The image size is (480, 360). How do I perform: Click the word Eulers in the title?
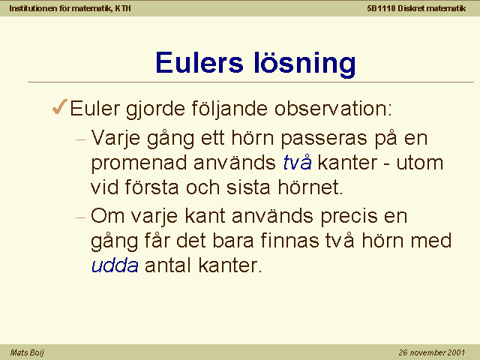[x=199, y=63]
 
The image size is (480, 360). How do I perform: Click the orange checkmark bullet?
[x=60, y=106]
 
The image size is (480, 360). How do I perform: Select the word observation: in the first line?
[x=333, y=108]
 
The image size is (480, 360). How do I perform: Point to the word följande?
[x=229, y=109]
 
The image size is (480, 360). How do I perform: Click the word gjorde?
[x=155, y=109]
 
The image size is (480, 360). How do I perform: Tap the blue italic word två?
[x=298, y=162]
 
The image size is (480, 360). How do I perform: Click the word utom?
[x=420, y=163]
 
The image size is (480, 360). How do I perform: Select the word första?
[x=151, y=187]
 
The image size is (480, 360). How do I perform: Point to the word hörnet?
[x=310, y=187]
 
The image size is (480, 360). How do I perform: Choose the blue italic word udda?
[x=115, y=265]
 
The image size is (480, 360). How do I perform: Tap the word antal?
[x=168, y=265]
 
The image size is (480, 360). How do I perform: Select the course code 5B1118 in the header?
[x=381, y=8]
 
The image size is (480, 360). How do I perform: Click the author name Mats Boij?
[x=27, y=353]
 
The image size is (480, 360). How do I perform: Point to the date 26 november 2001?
[x=432, y=352]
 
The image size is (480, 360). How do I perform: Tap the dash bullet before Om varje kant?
[x=80, y=217]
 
